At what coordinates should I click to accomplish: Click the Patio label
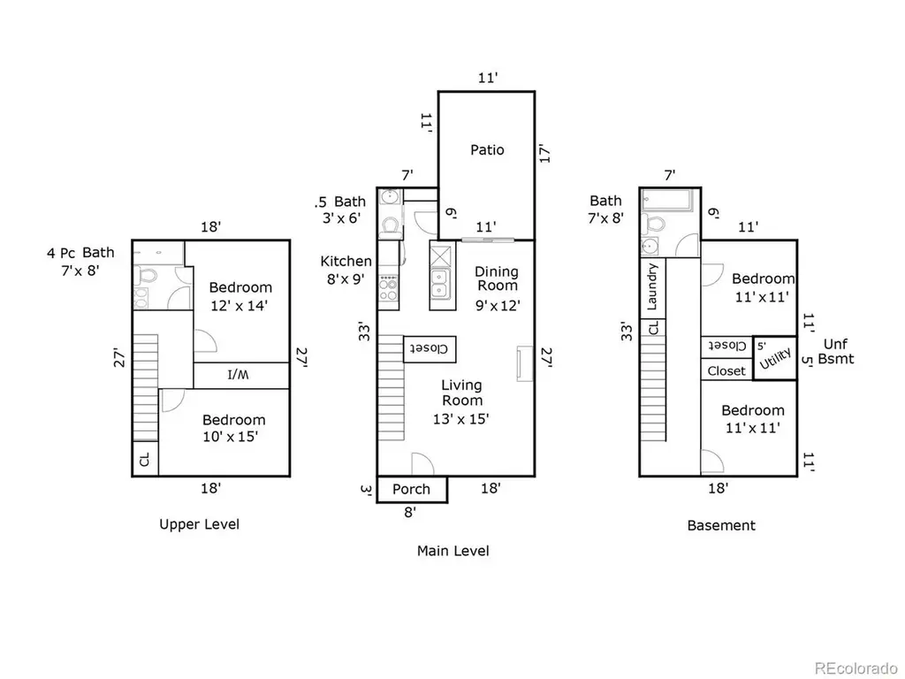(x=487, y=150)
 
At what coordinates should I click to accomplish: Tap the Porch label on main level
(x=411, y=490)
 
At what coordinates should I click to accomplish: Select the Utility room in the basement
(x=775, y=358)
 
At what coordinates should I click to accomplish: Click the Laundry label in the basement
(x=652, y=287)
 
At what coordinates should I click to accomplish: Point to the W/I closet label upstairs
(x=237, y=375)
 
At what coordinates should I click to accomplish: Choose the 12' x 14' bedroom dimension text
(x=239, y=306)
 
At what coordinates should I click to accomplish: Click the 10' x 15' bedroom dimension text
(x=231, y=437)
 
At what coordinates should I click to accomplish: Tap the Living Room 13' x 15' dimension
(x=461, y=419)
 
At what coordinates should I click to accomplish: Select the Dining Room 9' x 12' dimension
(x=498, y=305)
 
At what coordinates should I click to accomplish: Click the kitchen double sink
(x=440, y=284)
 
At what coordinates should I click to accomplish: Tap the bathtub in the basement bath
(x=667, y=201)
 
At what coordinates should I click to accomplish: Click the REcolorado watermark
(x=856, y=668)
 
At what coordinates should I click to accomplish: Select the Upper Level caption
(x=199, y=524)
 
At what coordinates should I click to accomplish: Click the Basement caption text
(x=721, y=525)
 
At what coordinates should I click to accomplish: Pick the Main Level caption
(x=453, y=551)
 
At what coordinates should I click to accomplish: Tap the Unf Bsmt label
(x=836, y=351)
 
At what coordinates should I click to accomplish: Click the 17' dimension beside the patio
(x=544, y=153)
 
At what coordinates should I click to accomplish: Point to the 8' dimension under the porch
(x=410, y=512)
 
